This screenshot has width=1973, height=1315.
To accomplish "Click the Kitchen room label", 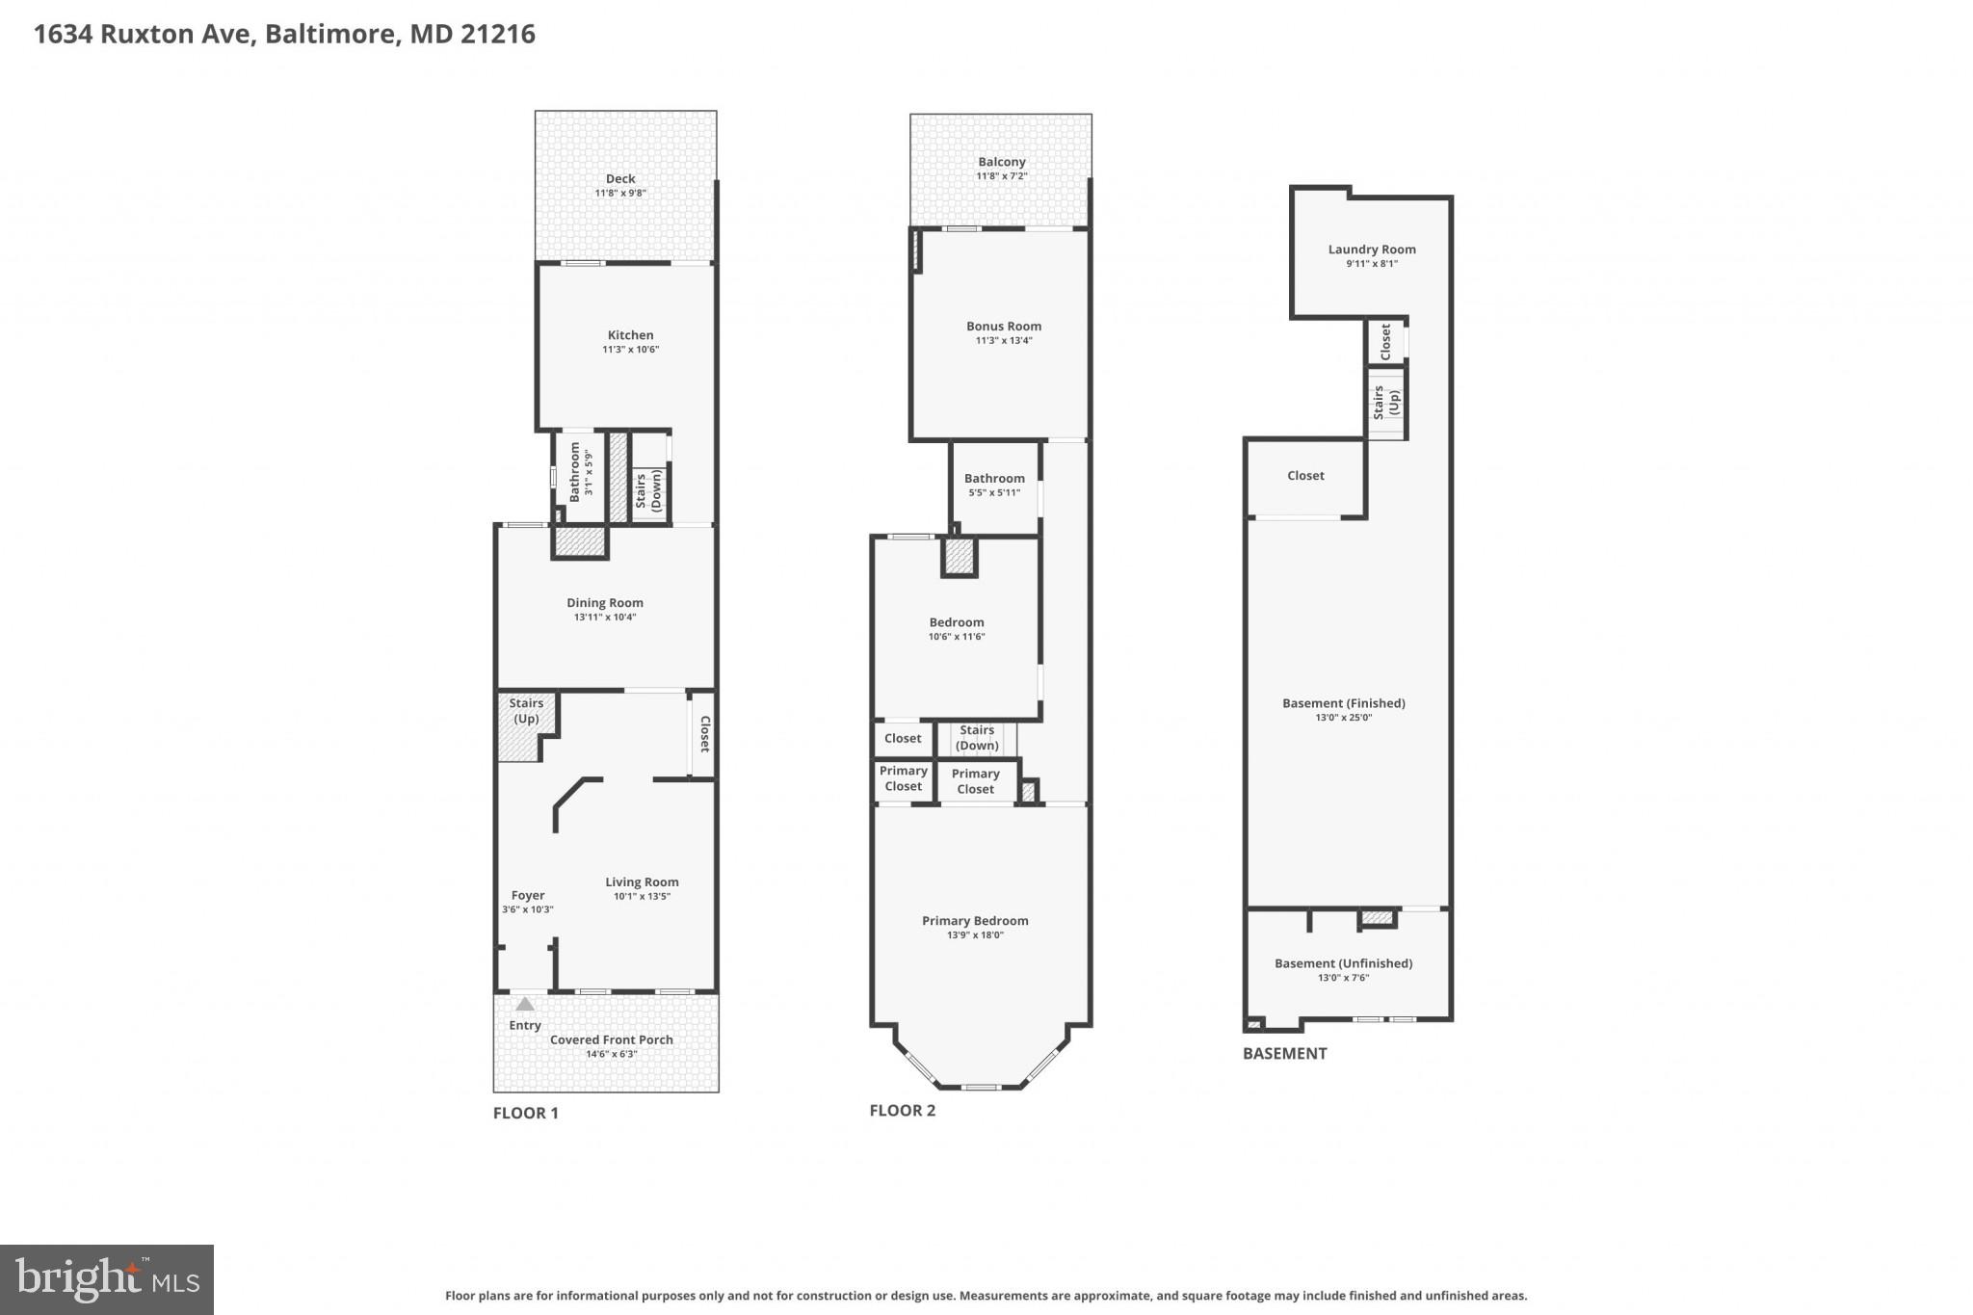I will tap(630, 335).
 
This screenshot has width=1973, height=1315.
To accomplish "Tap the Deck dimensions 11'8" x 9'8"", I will tap(620, 193).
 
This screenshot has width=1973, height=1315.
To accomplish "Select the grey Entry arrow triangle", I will tap(524, 1004).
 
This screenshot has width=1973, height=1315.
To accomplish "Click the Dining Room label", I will tap(605, 603).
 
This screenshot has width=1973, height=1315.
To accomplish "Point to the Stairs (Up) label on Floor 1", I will tap(526, 711).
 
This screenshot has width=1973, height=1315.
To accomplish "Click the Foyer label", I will tap(527, 895).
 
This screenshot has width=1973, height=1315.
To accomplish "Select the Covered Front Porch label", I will tap(612, 1039).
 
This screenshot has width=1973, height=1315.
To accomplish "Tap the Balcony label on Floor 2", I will tap(1002, 162).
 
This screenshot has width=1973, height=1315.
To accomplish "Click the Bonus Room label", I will tap(1004, 327).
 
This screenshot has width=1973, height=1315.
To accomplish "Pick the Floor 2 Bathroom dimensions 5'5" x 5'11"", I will tap(994, 493).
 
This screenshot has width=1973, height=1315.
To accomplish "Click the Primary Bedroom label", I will tap(975, 921).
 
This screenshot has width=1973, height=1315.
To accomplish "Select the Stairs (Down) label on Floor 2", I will tap(977, 738).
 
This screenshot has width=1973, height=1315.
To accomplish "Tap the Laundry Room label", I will tap(1372, 250).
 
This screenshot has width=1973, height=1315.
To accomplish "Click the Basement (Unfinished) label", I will tap(1343, 963).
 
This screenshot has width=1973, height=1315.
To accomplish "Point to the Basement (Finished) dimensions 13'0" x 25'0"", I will tap(1343, 717).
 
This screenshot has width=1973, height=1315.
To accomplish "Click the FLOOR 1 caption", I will tap(525, 1113).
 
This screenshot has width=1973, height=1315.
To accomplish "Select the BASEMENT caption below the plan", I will tap(1284, 1053).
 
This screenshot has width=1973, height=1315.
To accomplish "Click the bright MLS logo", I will tap(107, 1279).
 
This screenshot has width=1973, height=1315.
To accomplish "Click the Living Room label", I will tap(642, 882).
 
